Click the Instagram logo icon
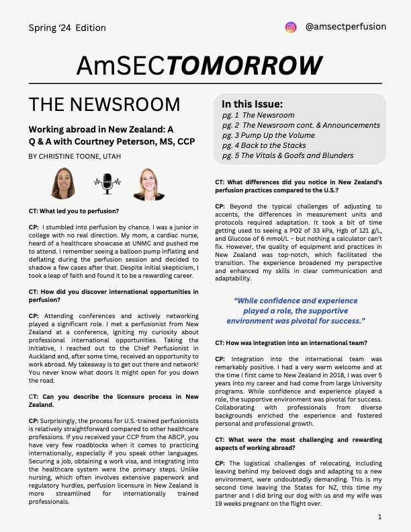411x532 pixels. [291, 27]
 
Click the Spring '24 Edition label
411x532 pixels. [67, 28]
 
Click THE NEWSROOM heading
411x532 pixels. [104, 104]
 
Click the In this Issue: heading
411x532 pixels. [252, 104]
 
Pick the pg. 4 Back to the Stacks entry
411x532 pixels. [263, 145]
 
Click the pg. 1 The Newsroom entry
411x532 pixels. [258, 116]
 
